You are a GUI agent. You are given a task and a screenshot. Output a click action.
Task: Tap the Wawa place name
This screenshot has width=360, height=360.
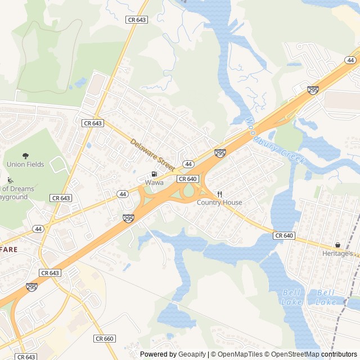coord(154,183)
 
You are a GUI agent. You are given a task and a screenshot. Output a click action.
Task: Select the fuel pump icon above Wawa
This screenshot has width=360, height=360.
coord(154,174)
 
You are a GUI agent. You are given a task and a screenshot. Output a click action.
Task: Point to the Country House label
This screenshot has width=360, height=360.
coord(219,202)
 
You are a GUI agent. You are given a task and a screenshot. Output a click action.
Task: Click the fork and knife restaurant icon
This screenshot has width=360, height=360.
coord(219,194)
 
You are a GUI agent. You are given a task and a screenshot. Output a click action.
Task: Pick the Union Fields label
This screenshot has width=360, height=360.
coord(25,164)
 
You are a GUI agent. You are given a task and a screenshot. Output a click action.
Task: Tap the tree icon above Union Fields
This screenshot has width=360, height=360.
coord(25,156)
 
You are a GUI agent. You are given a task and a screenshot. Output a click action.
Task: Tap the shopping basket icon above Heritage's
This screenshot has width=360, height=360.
coord(337,245)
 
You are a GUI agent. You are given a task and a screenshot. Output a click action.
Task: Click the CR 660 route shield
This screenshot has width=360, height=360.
coord(105,339)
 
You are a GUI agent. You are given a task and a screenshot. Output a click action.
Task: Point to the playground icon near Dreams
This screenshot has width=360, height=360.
coord(10,181)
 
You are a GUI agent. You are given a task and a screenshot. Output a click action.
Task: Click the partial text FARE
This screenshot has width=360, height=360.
coord(8,249)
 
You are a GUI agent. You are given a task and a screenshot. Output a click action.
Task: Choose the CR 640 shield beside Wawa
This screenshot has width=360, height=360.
coord(187,179)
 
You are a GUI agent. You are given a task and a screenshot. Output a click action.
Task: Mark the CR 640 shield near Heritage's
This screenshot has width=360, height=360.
coord(285,235)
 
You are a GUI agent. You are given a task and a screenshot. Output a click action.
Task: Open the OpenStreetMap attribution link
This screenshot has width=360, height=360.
coord(292,354)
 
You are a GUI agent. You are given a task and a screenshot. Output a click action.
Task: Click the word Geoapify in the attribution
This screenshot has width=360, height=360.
coord(192,354)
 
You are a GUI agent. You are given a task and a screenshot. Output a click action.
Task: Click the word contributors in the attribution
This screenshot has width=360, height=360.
coord(339,354)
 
